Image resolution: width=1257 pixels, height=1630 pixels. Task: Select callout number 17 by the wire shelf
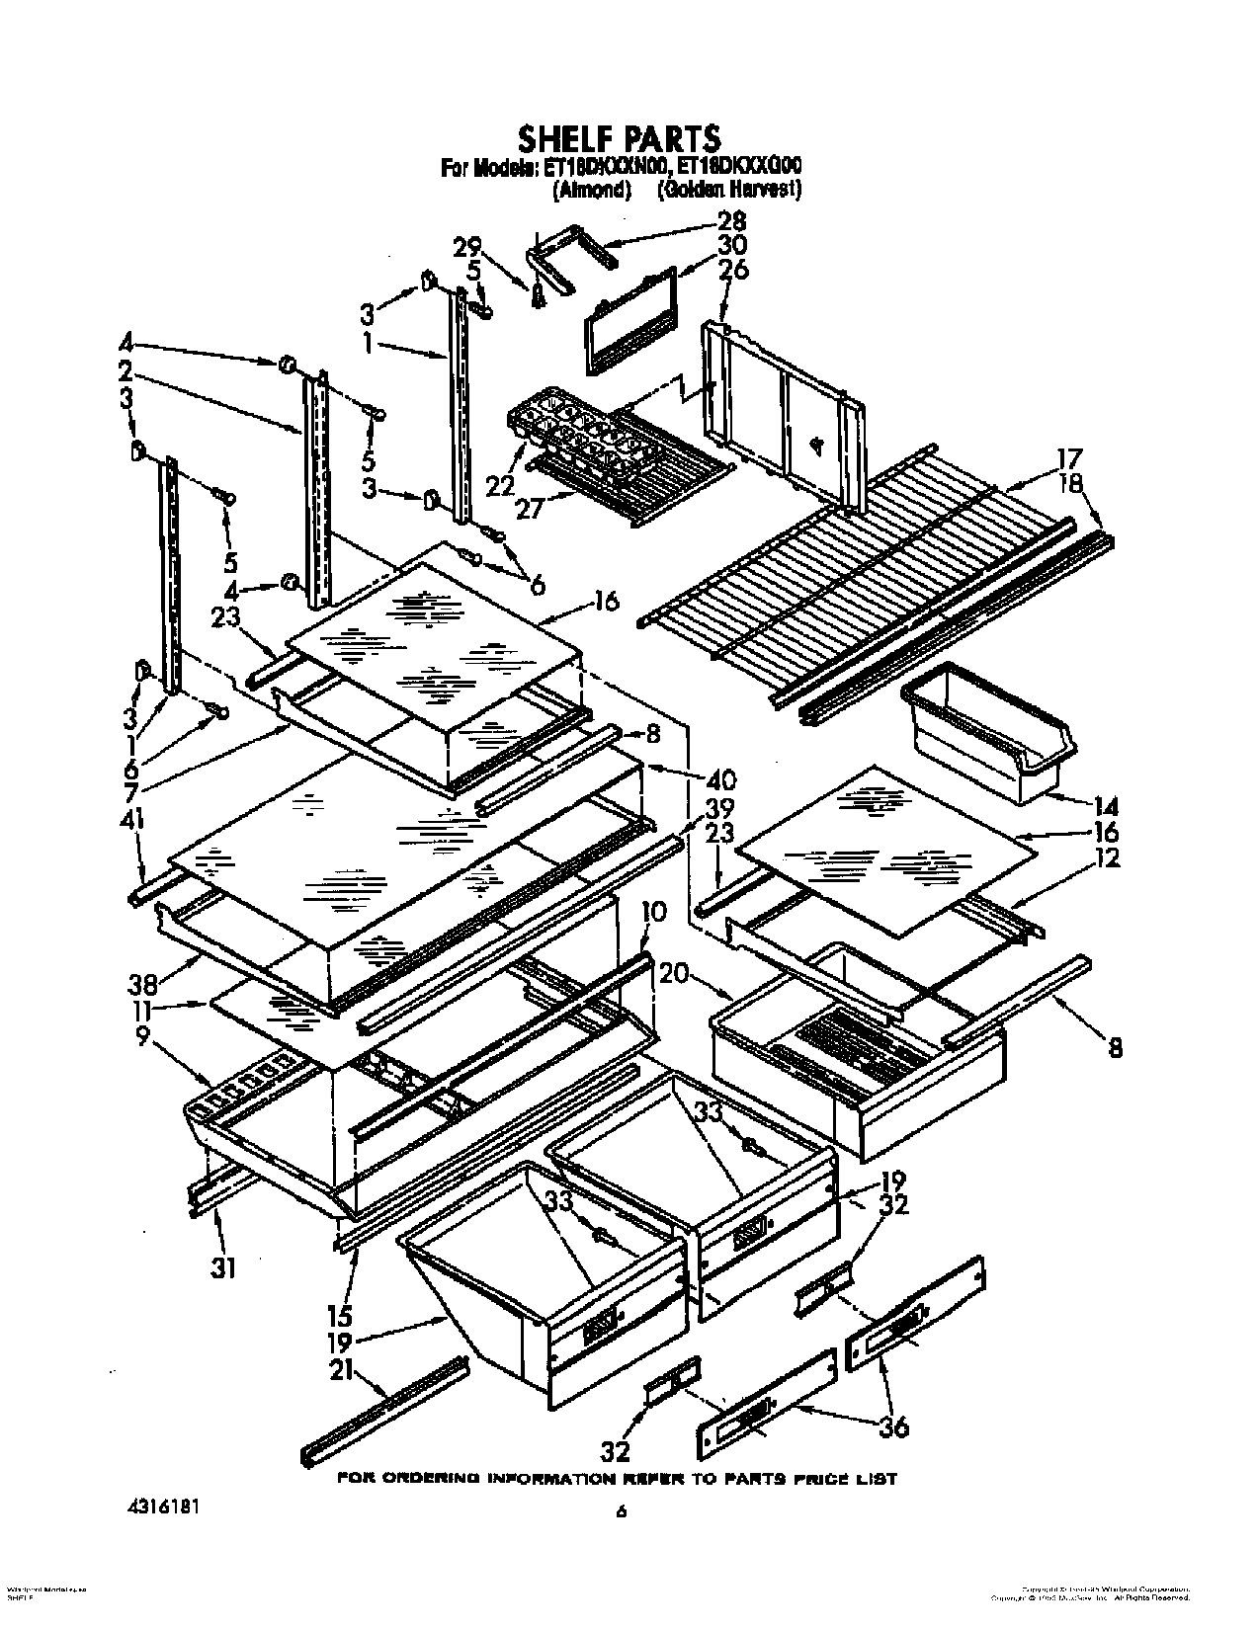click(x=1069, y=458)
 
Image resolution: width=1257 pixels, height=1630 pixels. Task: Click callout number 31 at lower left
click(x=224, y=1266)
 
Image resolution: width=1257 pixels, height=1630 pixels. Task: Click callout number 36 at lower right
click(x=891, y=1426)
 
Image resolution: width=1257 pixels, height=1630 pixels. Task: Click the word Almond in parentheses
click(x=591, y=191)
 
